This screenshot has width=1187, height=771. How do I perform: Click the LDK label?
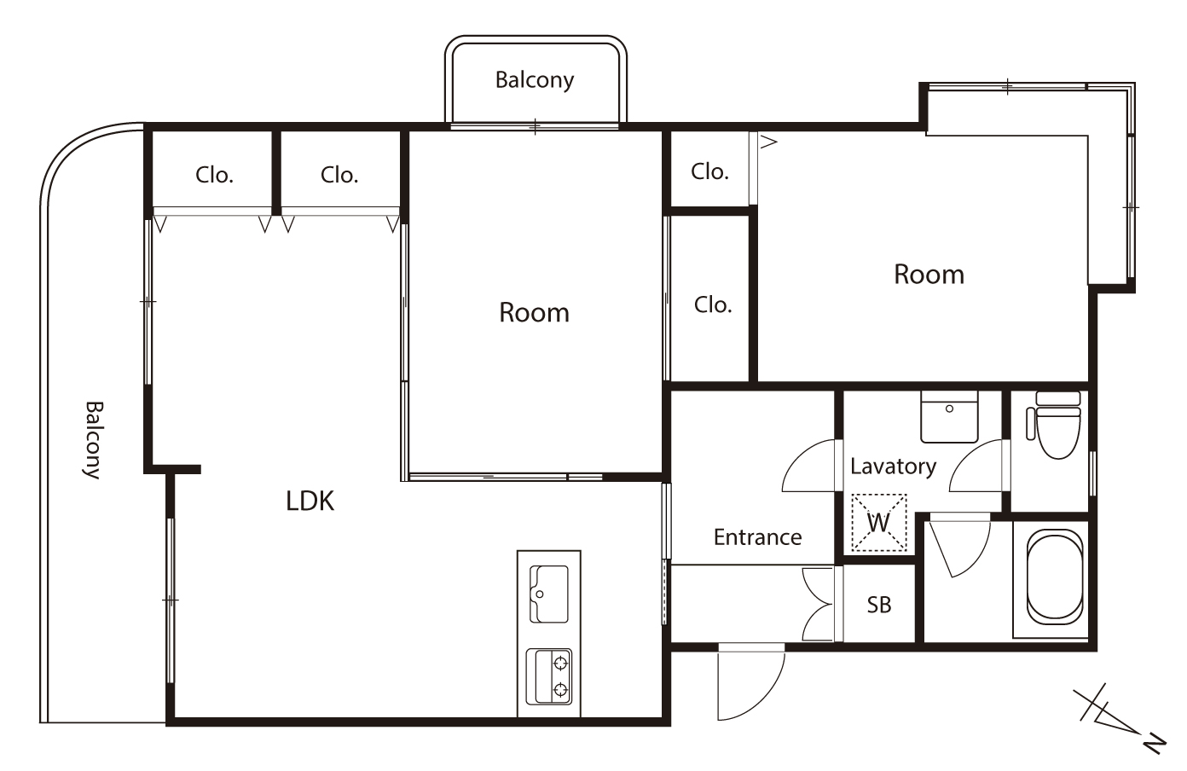click(310, 501)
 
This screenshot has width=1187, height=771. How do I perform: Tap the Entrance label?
click(757, 537)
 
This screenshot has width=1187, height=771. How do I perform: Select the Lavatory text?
click(894, 467)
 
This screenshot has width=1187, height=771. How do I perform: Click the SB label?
click(879, 605)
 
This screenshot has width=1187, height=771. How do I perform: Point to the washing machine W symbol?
click(879, 523)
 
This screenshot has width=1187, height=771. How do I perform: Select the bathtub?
click(1055, 577)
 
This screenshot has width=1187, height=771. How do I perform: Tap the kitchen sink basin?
click(549, 594)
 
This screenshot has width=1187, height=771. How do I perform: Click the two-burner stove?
click(549, 676)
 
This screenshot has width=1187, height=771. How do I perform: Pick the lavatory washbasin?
click(949, 416)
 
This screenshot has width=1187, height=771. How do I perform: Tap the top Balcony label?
click(535, 80)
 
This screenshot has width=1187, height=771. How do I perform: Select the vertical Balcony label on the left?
click(94, 440)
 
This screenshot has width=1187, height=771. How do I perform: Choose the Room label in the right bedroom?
click(929, 275)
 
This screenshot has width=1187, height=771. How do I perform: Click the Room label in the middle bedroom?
click(534, 313)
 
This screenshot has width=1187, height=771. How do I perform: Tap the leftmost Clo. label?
click(215, 175)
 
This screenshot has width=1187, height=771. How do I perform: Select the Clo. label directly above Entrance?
click(713, 304)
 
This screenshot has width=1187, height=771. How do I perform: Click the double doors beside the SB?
click(819, 604)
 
